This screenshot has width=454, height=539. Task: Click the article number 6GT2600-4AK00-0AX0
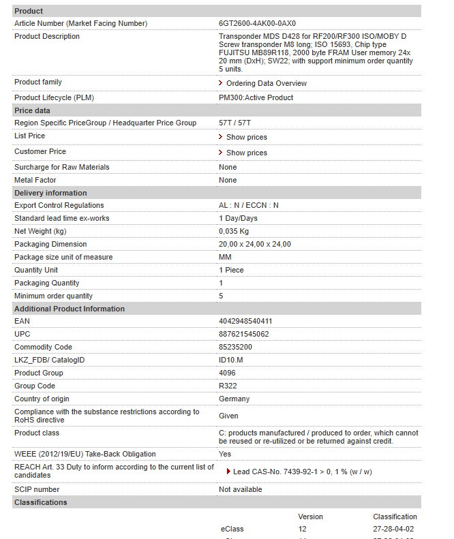point(257,23)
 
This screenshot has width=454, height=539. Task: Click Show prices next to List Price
point(246,137)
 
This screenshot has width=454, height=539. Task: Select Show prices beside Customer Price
point(246,153)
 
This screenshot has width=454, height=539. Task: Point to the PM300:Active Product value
point(256,97)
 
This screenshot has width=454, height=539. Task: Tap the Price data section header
point(32,110)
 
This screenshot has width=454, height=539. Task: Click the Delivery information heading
point(50,193)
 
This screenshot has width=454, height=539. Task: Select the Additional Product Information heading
point(70,309)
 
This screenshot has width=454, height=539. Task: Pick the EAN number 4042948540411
point(245,321)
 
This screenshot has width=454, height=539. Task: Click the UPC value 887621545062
point(243,334)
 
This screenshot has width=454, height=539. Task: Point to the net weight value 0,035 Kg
point(234,231)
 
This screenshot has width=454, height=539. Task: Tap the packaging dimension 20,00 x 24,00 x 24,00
point(254,244)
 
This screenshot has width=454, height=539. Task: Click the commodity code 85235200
point(235,347)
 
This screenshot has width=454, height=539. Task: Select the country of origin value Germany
point(234,399)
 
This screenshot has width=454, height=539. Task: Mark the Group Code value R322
point(228,386)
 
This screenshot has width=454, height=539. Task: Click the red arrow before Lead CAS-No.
point(228,471)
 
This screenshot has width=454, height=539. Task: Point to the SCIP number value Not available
point(240,489)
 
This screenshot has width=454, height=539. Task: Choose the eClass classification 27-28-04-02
point(393,529)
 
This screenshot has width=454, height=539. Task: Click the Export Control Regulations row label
point(59,205)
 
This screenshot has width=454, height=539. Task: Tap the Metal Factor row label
point(35,180)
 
